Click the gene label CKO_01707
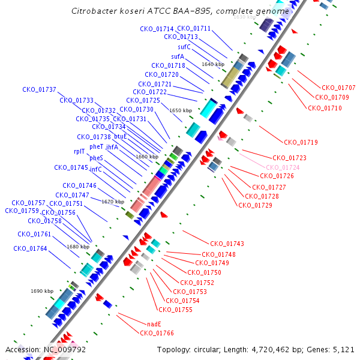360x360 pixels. point(338,88)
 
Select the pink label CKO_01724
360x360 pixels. point(283,167)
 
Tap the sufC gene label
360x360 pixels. point(184,47)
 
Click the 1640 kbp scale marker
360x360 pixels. point(213,64)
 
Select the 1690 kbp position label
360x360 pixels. point(42,291)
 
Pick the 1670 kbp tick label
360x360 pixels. point(113,202)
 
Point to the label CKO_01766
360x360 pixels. point(157,333)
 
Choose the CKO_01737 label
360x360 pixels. point(39,90)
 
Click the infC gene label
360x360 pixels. point(96,169)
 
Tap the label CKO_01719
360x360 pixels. point(301,143)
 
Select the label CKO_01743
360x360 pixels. point(227,244)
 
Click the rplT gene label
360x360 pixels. point(79,152)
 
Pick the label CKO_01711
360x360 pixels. point(194,29)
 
